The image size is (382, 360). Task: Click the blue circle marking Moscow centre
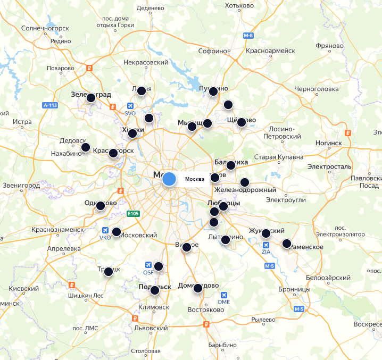169,179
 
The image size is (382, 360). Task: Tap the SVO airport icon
130,106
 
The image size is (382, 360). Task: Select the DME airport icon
223,295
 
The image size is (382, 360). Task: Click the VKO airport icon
105,230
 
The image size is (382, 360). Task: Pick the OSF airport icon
148,265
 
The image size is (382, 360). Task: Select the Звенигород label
21,186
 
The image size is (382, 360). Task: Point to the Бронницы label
295,289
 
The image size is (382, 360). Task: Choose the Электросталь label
329,166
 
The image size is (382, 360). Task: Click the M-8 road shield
248,36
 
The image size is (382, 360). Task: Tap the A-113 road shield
49,105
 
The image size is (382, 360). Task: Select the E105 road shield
134,214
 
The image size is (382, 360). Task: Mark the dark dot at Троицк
109,271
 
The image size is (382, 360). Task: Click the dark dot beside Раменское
287,244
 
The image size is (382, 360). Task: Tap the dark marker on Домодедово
198,288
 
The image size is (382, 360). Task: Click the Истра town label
22,122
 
